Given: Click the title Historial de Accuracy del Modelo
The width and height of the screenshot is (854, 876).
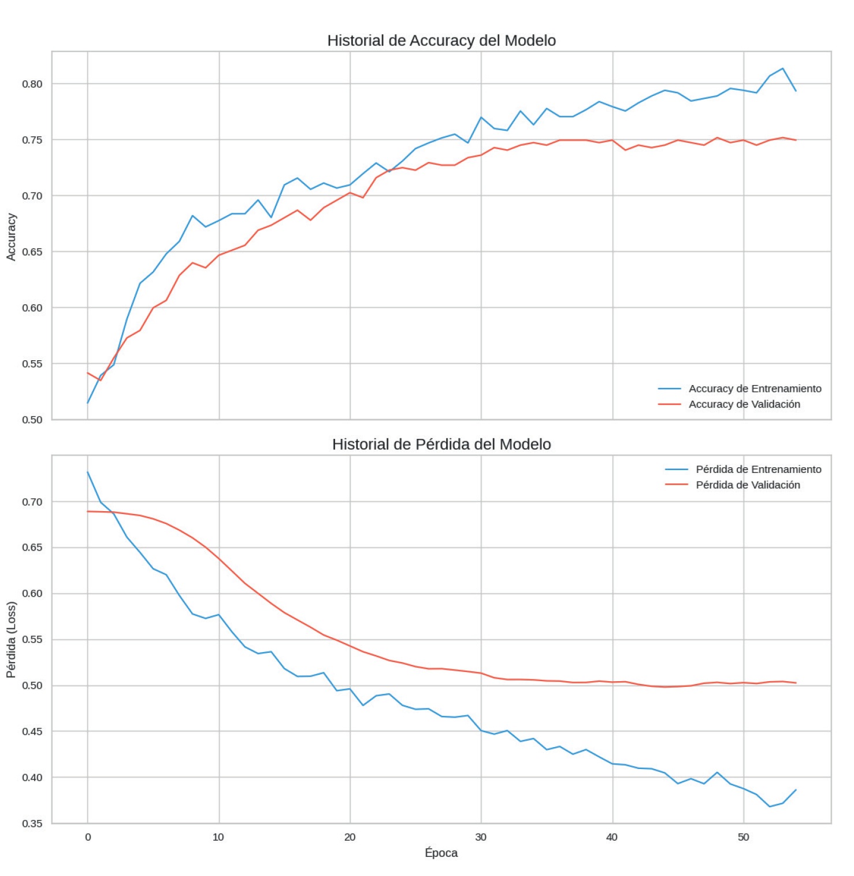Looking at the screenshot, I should (441, 40).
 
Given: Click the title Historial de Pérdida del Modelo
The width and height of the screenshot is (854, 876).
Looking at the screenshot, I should (441, 444).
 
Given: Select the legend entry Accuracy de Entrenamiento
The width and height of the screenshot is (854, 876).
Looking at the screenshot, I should (755, 389).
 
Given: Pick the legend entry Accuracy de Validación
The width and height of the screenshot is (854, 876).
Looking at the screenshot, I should (744, 404).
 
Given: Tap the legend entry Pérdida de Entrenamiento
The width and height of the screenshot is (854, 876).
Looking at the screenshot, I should (758, 469).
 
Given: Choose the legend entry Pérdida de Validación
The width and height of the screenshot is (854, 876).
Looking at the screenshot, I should (748, 485).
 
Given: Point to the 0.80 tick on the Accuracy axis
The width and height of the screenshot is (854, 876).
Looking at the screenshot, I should (32, 84).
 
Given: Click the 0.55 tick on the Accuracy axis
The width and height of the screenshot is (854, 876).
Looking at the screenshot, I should (32, 364).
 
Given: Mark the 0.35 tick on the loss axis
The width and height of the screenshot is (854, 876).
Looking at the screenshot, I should (32, 823).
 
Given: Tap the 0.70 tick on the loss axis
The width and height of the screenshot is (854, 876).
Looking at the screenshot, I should (32, 502).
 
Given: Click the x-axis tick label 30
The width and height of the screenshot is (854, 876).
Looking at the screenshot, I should (481, 837).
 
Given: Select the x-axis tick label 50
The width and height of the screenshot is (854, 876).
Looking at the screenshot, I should (743, 837).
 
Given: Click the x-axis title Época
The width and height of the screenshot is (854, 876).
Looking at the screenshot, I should (441, 852).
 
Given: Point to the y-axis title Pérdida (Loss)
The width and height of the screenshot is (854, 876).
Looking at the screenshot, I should (12, 639).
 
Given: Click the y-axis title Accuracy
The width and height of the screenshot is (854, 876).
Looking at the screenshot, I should (12, 236).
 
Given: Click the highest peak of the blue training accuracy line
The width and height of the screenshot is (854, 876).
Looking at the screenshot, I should (783, 68).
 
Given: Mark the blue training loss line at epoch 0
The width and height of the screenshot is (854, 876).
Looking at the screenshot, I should (88, 472).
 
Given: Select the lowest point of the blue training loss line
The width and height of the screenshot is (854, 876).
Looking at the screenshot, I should (770, 807).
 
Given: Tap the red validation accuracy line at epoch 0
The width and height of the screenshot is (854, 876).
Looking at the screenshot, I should (88, 373).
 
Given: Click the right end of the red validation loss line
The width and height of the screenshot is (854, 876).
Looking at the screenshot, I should (796, 683).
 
